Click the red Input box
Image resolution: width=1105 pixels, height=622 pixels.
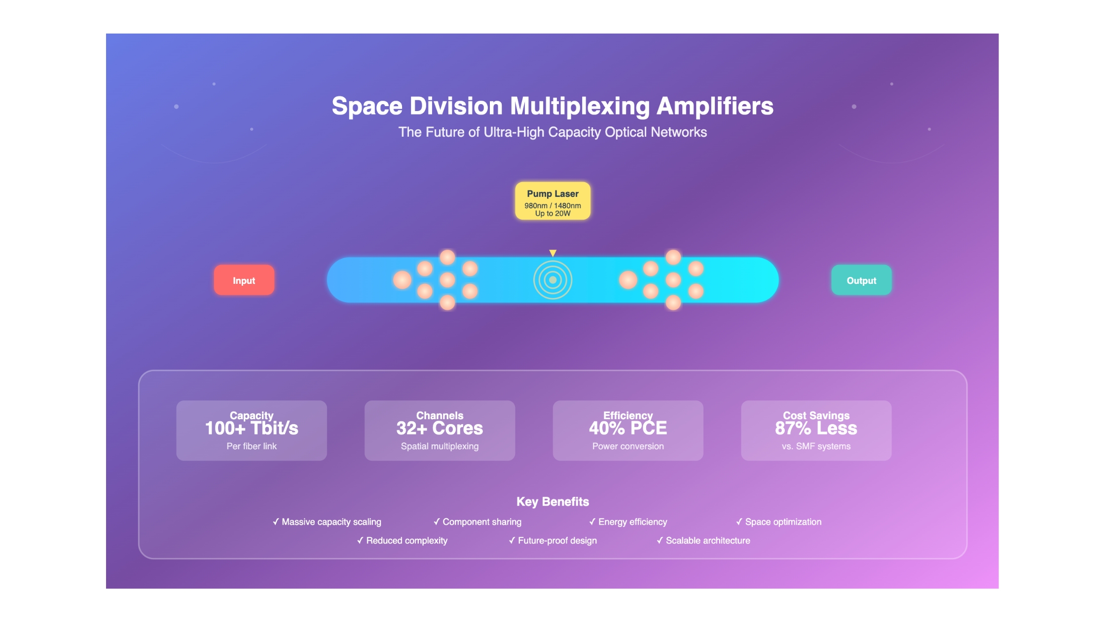coord(244,280)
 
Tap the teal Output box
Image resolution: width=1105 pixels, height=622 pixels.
coord(861,280)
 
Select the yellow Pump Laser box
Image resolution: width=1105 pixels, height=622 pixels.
coord(552,201)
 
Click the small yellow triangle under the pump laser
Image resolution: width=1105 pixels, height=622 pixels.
coord(552,253)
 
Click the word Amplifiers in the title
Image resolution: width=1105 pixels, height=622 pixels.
coord(715,106)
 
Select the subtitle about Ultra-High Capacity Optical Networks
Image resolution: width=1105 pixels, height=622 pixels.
coord(552,132)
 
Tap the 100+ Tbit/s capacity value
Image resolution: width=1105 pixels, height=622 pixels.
coord(252,428)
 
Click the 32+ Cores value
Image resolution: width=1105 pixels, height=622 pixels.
coord(440,428)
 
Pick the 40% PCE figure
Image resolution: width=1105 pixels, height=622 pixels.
coord(628,428)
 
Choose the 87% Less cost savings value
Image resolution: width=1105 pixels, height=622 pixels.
coord(816,428)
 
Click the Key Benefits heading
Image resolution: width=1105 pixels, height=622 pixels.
coord(552,502)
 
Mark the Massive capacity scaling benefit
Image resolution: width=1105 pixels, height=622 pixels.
coord(327,522)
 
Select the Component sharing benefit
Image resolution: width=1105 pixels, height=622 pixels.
coord(478,522)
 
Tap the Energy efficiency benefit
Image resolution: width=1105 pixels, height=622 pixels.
coord(628,522)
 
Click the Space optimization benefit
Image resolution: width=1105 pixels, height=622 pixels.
coord(778,522)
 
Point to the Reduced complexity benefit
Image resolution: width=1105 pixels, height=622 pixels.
coord(402,541)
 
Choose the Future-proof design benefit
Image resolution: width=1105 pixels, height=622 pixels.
coord(552,541)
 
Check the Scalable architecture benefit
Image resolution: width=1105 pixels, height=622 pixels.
coord(703,541)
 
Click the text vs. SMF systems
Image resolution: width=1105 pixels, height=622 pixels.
coord(816,446)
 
